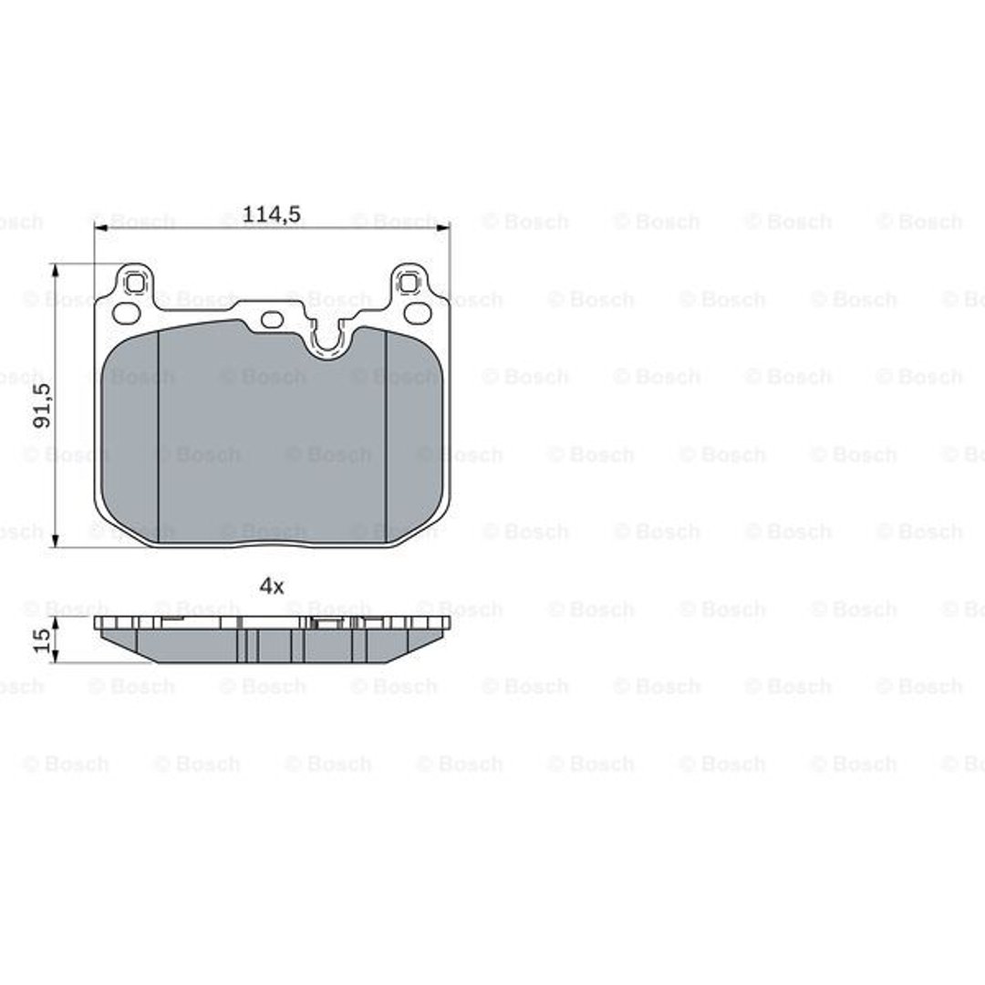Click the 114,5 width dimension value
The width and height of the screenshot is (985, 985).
[272, 214]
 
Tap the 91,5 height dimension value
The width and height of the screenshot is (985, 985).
[43, 406]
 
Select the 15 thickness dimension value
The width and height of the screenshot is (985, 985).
[42, 640]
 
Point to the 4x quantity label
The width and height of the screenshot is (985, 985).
[272, 586]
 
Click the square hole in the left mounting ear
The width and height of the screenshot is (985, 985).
[134, 284]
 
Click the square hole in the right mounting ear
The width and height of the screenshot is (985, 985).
[409, 284]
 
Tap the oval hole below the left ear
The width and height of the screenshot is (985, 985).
[125, 312]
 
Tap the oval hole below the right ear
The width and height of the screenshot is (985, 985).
[417, 312]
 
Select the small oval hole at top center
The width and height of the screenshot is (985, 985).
[272, 320]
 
